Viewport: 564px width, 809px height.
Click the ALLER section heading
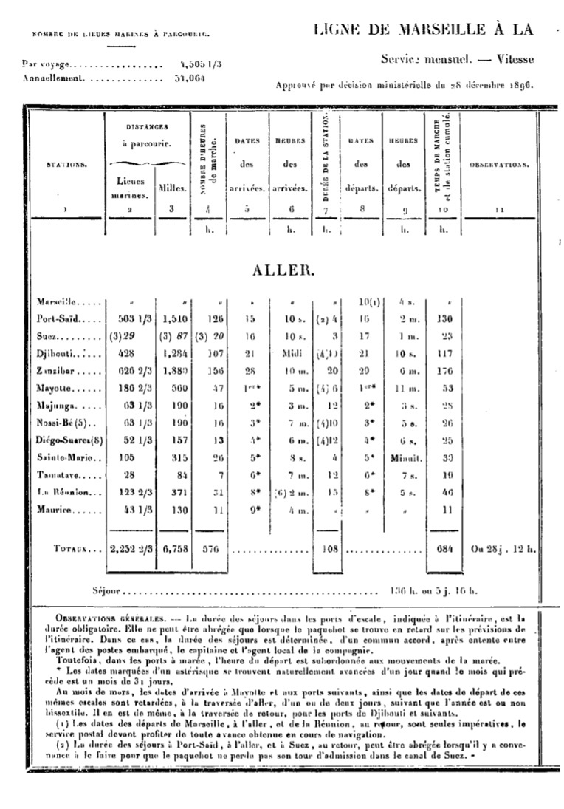tap(283, 270)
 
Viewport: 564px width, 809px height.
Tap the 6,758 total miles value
tap(171, 550)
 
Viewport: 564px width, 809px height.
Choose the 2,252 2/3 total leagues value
tap(130, 550)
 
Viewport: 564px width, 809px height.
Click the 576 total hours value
tap(211, 550)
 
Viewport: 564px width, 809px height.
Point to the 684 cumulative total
tap(444, 550)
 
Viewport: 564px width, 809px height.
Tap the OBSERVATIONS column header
tap(500, 164)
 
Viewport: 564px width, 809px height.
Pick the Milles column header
tap(172, 188)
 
